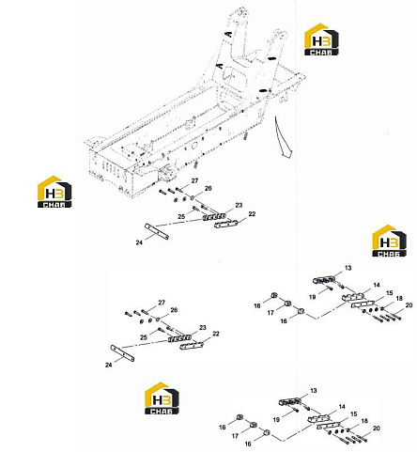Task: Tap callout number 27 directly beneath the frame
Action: [x=194, y=180]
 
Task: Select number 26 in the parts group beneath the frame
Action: [x=208, y=188]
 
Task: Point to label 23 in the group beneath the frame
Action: [x=239, y=205]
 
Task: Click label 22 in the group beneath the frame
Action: [x=252, y=214]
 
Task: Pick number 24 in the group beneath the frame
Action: [x=139, y=242]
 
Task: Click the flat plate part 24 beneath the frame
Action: [x=157, y=231]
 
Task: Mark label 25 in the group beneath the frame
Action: [x=181, y=216]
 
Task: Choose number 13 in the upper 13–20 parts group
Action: [x=348, y=268]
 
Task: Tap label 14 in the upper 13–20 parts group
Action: [x=377, y=285]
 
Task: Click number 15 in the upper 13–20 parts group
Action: [x=390, y=293]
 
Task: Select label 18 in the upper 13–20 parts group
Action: [x=399, y=298]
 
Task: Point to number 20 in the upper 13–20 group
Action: [x=409, y=304]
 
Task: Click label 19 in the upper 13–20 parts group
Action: [x=312, y=297]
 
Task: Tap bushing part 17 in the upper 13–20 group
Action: [x=287, y=304]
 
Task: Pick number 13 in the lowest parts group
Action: [x=314, y=391]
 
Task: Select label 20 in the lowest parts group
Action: [x=377, y=428]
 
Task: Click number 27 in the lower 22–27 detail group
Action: [x=162, y=303]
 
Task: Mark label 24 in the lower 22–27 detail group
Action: [x=109, y=365]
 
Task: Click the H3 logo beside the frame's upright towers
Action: [x=321, y=39]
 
